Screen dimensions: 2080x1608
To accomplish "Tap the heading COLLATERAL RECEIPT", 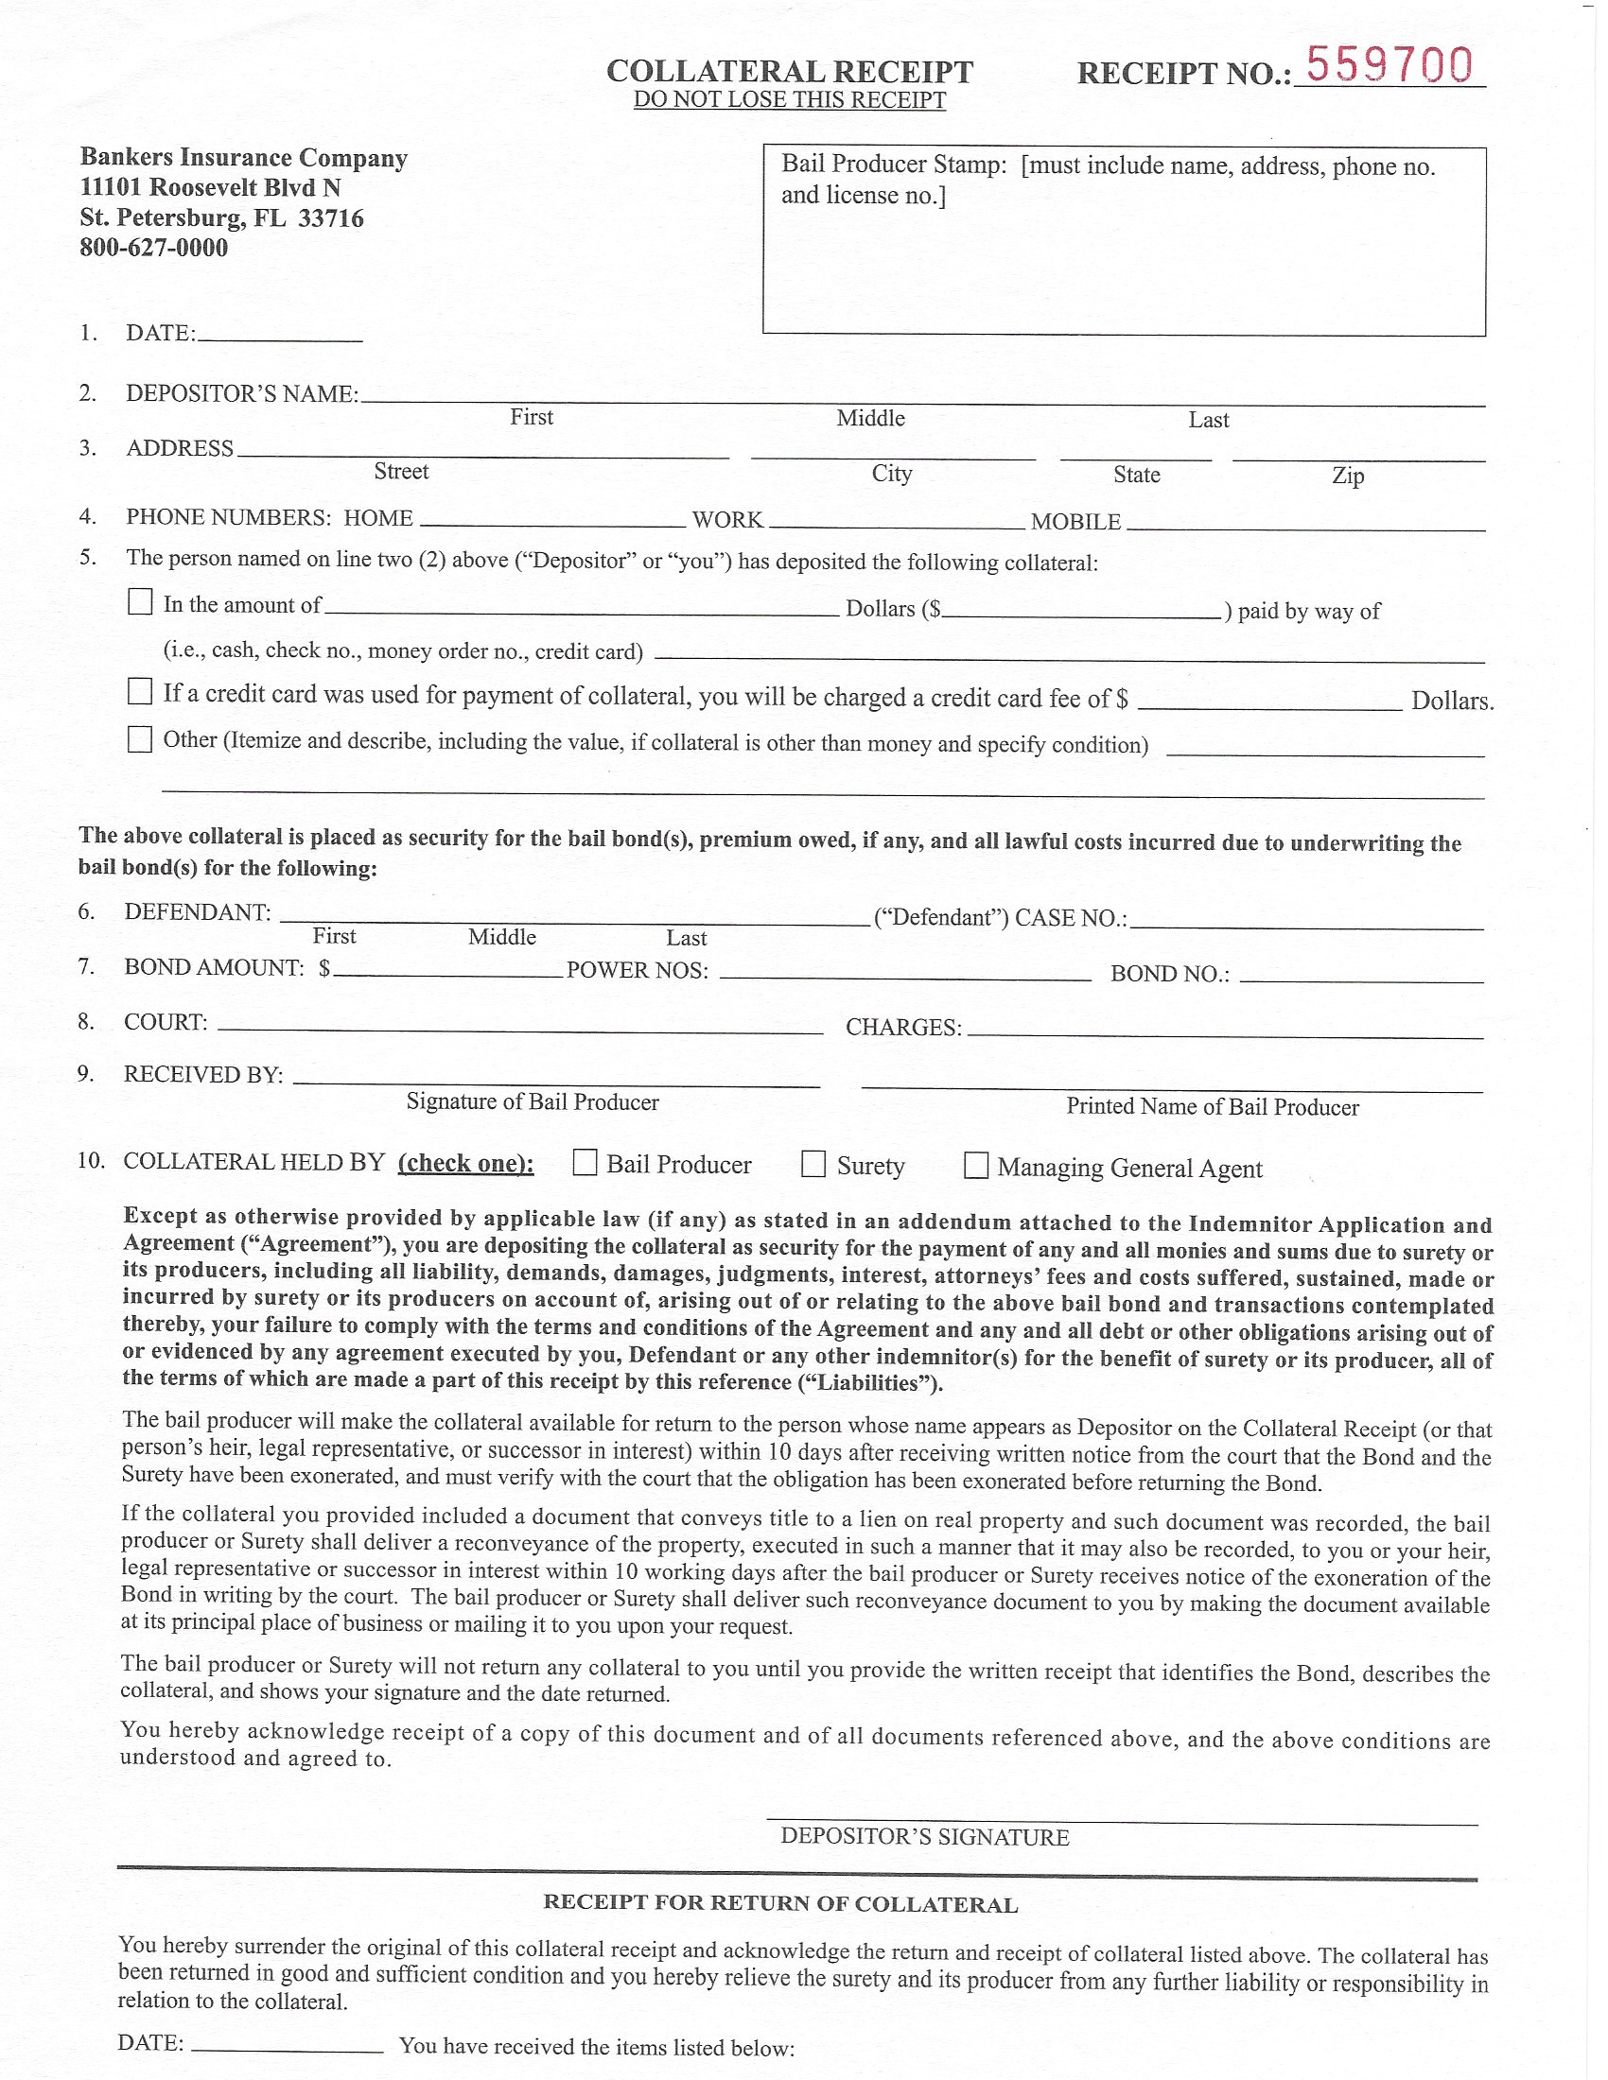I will pyautogui.click(x=789, y=72).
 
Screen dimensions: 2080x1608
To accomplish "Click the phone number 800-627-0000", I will pyautogui.click(x=153, y=248).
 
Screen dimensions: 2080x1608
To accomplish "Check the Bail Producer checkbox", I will pyautogui.click(x=585, y=1163).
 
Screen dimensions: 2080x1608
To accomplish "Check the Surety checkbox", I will pyautogui.click(x=813, y=1164).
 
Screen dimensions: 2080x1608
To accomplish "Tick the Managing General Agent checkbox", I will pyautogui.click(x=975, y=1166).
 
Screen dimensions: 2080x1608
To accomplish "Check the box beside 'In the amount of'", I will pyautogui.click(x=140, y=602).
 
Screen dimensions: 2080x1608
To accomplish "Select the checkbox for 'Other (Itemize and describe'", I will pyautogui.click(x=140, y=739).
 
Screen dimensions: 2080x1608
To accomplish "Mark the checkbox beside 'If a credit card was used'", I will pyautogui.click(x=140, y=691).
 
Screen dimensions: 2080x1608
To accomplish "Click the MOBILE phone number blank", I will pyautogui.click(x=1305, y=524).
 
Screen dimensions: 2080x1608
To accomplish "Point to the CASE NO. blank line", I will pyautogui.click(x=1306, y=922).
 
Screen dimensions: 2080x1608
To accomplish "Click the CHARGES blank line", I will pyautogui.click(x=1224, y=1031).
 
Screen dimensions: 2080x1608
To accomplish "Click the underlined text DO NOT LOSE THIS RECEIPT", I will pyautogui.click(x=789, y=100).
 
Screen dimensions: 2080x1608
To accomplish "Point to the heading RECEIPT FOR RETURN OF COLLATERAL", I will pyautogui.click(x=780, y=1904).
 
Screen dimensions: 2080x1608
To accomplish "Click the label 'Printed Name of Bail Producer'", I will pyautogui.click(x=1212, y=1107).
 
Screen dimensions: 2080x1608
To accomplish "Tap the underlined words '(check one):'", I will pyautogui.click(x=464, y=1163).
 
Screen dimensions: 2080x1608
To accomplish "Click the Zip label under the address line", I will pyautogui.click(x=1347, y=476).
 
